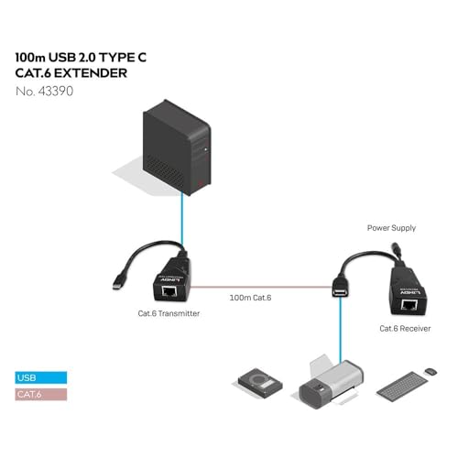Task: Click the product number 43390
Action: (x=56, y=92)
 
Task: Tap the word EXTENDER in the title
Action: (x=91, y=73)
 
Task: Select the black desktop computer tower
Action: (x=177, y=147)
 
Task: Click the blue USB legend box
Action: (x=41, y=377)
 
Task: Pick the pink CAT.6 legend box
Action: (x=41, y=394)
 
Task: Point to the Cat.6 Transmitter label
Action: (x=169, y=313)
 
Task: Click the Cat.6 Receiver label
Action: (x=405, y=329)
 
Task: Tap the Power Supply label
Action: (x=391, y=228)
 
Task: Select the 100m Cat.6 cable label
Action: (x=250, y=298)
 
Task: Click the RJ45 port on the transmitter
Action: (x=169, y=291)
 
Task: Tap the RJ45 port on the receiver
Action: (x=409, y=305)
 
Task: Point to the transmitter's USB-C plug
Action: (x=116, y=285)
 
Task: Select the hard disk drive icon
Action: (x=260, y=384)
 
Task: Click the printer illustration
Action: (x=332, y=383)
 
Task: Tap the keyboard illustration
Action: (x=401, y=385)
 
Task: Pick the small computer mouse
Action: (x=431, y=372)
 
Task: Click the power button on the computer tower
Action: (x=205, y=149)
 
